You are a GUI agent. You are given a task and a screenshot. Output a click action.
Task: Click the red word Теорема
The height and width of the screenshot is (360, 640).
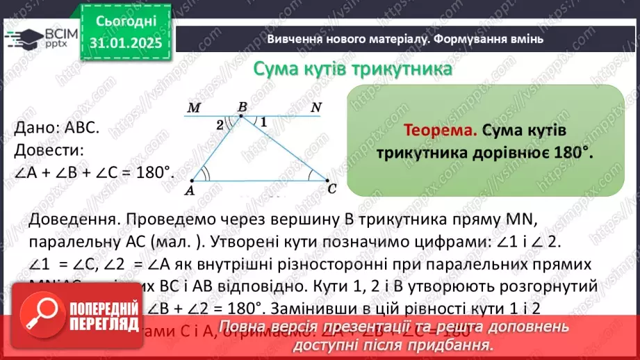[441, 131]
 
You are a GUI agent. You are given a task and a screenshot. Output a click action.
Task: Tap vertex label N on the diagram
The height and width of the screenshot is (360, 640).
[316, 108]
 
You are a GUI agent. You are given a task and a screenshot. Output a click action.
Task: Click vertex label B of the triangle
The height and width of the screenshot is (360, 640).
[242, 107]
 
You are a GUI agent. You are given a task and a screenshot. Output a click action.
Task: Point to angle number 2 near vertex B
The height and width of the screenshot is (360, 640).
[220, 124]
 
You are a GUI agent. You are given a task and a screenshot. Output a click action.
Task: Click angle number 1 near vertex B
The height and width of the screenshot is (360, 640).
[263, 122]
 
